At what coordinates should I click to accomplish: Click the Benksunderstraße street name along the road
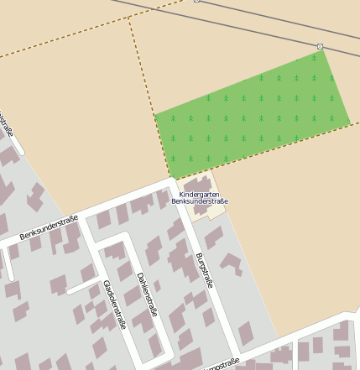click(x=49, y=228)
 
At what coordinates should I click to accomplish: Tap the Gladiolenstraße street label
click(x=113, y=304)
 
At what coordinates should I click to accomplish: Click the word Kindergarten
click(x=199, y=195)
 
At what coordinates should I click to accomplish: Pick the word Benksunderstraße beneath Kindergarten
click(x=200, y=201)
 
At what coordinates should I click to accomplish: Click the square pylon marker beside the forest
click(x=320, y=46)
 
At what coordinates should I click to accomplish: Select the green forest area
click(x=252, y=113)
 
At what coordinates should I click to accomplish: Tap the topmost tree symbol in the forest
click(x=314, y=58)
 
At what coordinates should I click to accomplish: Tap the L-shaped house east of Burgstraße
click(x=231, y=265)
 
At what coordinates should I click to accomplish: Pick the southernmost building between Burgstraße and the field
click(x=246, y=334)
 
